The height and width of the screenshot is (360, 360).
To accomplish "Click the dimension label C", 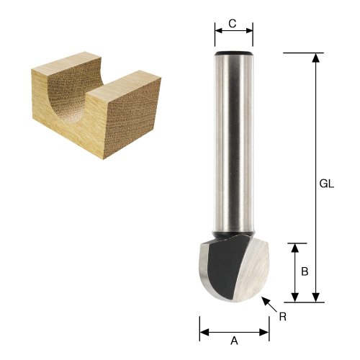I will pos(233,22).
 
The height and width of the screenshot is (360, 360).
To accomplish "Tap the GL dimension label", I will pos(327,184).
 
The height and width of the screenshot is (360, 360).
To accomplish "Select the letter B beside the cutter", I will pos(305,271).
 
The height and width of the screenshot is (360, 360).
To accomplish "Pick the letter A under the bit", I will pos(233,342).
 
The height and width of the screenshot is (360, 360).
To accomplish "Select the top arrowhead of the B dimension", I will pos(294,247).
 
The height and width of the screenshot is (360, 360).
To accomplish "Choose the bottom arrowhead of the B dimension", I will pos(294,297).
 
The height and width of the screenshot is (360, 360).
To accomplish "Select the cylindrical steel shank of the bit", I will pos(234,144).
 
